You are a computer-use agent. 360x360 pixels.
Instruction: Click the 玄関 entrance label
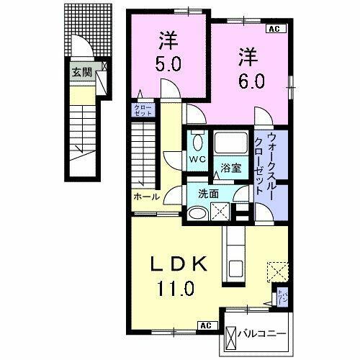[x=81, y=71]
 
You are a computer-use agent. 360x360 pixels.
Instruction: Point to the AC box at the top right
[x=274, y=29]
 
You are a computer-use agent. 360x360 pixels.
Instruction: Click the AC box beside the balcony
[x=205, y=325]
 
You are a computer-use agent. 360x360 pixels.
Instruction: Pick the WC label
[x=197, y=158]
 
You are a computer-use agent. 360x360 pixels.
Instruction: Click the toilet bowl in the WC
[x=197, y=138]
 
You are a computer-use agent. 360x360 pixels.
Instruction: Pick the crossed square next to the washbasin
[x=221, y=210]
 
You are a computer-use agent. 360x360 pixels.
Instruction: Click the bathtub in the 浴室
[x=230, y=145]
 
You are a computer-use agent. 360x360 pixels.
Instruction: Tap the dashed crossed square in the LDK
[x=277, y=272]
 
